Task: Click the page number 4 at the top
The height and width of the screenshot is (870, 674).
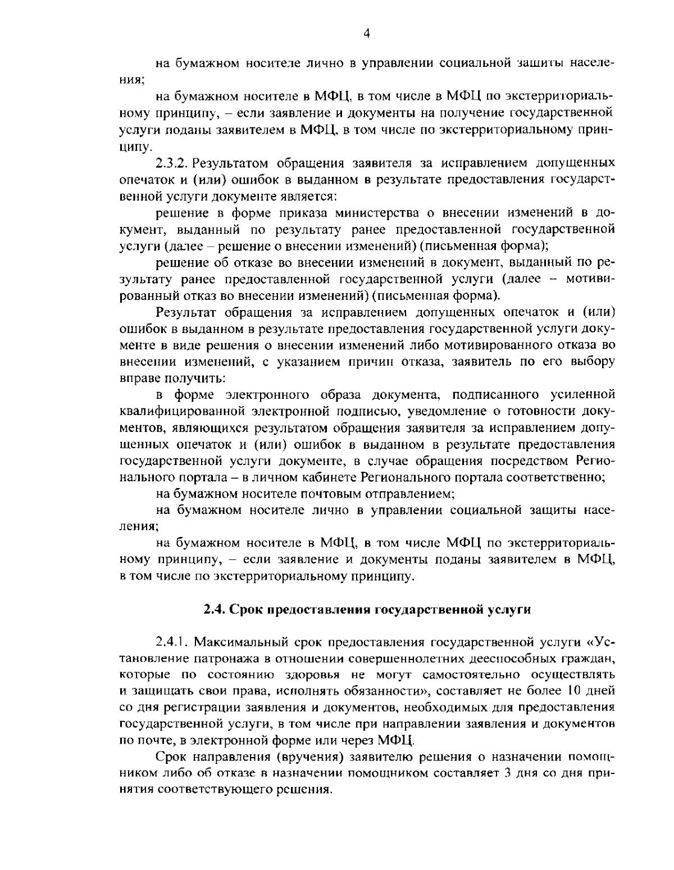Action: tap(366, 33)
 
